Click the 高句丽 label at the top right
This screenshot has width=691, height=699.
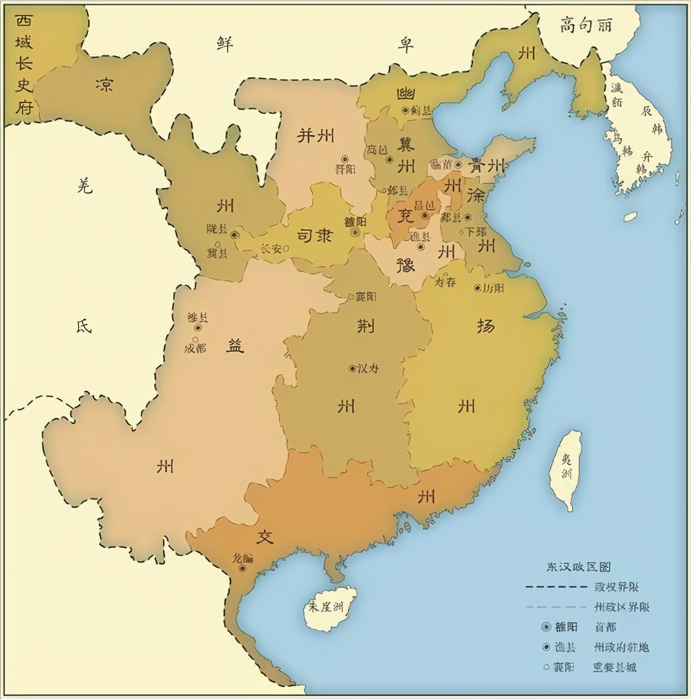pyautogui.click(x=586, y=24)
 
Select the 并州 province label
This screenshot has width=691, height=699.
pyautogui.click(x=315, y=136)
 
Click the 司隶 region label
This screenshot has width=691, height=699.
pyautogui.click(x=313, y=236)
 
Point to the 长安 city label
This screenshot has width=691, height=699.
pyautogui.click(x=270, y=249)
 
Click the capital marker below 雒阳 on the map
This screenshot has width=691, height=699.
pyautogui.click(x=356, y=233)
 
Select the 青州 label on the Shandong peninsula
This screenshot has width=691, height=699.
pyautogui.click(x=486, y=166)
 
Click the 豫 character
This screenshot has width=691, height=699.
pyautogui.click(x=406, y=264)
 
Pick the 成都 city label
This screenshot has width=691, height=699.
pyautogui.click(x=195, y=348)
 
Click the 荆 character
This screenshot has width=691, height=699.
pyautogui.click(x=365, y=326)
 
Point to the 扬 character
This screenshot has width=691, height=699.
pyautogui.click(x=485, y=326)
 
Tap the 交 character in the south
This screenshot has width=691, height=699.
pyautogui.click(x=264, y=538)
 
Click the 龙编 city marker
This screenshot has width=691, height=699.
pyautogui.click(x=243, y=569)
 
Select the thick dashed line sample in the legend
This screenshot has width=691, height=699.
pyautogui.click(x=556, y=587)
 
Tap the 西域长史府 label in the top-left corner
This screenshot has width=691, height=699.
pyautogui.click(x=23, y=65)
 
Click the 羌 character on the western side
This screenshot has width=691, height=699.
pyautogui.click(x=85, y=186)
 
